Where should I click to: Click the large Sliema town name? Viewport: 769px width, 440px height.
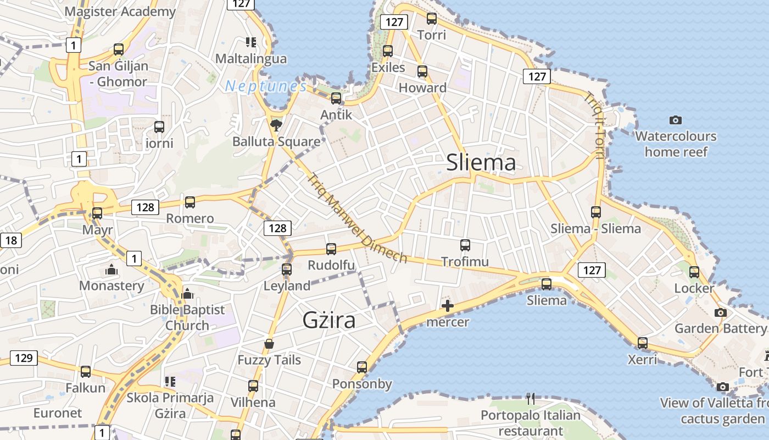point(481,163)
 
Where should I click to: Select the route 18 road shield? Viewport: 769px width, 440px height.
point(11,240)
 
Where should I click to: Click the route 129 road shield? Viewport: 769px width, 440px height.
point(24,358)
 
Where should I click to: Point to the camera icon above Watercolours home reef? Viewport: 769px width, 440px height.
point(676,120)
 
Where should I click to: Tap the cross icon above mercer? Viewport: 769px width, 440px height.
point(448,306)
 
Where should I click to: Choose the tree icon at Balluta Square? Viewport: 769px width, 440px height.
point(276,124)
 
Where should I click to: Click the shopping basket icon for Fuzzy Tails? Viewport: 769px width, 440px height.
point(269,344)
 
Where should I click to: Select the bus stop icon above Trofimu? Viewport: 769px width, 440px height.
point(465,245)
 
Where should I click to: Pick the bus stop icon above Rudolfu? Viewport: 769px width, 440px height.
point(331,249)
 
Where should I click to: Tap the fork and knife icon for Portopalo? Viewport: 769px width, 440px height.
point(530,398)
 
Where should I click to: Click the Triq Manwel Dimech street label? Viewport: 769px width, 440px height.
point(357,218)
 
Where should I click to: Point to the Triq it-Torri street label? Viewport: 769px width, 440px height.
point(595,125)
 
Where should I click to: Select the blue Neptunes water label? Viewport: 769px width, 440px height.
point(266,86)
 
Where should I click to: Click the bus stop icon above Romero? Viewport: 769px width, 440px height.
point(190,202)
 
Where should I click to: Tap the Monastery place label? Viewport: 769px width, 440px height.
point(112,285)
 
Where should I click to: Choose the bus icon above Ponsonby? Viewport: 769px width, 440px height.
point(362,367)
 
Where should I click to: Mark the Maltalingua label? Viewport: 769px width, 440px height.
point(251,59)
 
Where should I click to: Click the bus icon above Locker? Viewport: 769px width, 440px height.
point(694,272)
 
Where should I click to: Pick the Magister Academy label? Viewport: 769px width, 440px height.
point(120,12)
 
